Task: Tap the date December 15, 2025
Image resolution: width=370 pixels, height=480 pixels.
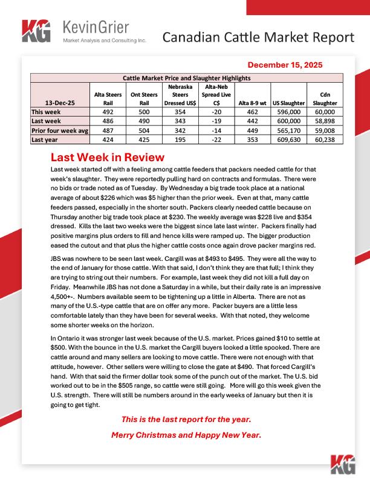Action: point(285,65)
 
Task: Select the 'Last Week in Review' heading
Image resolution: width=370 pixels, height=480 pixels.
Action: point(108,157)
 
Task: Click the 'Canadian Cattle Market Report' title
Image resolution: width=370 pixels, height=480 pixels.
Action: point(259,37)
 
